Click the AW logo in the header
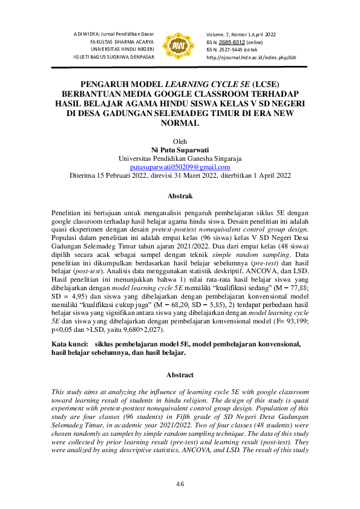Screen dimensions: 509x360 click(180, 45)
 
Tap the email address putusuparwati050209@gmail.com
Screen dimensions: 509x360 click(180, 166)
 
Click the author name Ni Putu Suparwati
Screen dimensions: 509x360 click(180, 149)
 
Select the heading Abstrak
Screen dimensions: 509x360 click(180, 196)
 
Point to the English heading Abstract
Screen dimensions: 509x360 click(180, 375)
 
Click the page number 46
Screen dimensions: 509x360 click(180, 484)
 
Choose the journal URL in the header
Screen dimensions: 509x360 click(252, 57)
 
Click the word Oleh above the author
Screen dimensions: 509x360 click(180, 141)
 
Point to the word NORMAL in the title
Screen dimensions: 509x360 click(180, 123)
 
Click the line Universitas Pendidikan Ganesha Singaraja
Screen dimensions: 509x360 click(180, 158)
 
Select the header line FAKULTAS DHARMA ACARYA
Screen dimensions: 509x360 click(122, 41)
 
